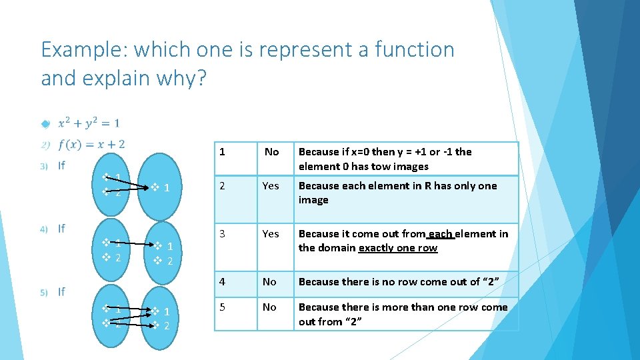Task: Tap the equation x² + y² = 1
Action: point(89,123)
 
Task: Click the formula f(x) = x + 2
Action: point(91,144)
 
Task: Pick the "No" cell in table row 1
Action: point(271,152)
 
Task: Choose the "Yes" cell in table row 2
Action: point(271,186)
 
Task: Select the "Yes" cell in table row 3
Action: point(271,233)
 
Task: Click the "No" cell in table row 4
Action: point(269,282)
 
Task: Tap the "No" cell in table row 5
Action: point(269,307)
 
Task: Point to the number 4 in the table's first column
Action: point(223,282)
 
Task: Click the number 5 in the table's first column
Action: point(223,307)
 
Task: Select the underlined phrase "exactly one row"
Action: point(398,248)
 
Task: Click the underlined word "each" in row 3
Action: point(441,233)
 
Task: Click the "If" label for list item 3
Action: point(61,165)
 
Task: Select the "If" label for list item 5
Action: point(61,291)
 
